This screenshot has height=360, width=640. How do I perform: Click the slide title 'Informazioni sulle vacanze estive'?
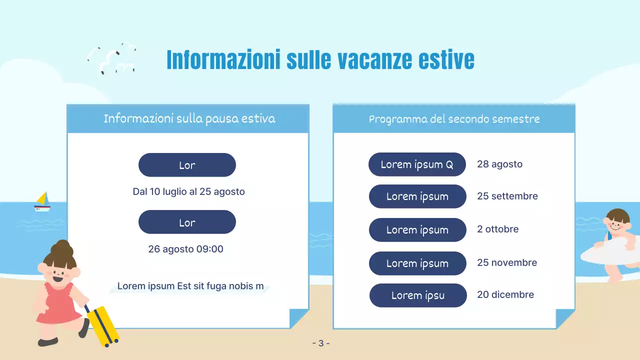(x=320, y=60)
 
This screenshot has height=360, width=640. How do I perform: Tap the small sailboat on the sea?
(x=42, y=202)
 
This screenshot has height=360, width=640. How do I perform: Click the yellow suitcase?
(x=102, y=325)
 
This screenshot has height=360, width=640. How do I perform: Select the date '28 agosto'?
(x=499, y=164)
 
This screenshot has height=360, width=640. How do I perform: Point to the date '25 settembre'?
(x=507, y=196)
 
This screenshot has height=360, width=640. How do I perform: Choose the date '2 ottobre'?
(x=497, y=229)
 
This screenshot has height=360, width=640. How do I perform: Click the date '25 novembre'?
(x=506, y=262)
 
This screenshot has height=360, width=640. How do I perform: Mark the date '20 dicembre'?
(x=505, y=295)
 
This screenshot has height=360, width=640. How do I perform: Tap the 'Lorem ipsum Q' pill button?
(x=417, y=164)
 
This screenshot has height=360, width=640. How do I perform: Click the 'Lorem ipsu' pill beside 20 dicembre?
(x=417, y=295)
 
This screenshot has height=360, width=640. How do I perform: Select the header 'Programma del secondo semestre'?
(x=454, y=119)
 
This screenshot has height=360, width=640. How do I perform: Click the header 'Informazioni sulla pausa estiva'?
(x=189, y=118)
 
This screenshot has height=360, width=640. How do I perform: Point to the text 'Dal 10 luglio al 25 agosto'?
(x=188, y=191)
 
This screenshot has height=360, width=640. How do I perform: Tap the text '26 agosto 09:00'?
(x=185, y=249)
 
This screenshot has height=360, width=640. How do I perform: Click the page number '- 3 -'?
(x=320, y=343)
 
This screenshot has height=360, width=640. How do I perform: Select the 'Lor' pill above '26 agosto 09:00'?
(x=187, y=222)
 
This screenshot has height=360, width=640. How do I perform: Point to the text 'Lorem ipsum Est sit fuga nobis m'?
(x=190, y=286)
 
